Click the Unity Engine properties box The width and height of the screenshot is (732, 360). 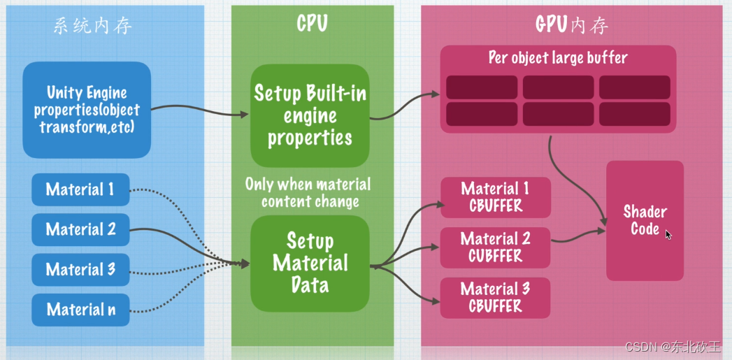[x=87, y=110]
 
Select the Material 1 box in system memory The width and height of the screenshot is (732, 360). [x=80, y=189]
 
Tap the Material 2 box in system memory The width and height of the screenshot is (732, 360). [x=80, y=229]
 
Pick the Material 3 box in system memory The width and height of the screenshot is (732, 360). [x=80, y=269]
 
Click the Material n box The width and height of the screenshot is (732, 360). [x=80, y=309]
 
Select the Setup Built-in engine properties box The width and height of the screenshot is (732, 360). [x=310, y=115]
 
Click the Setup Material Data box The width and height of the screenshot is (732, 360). [x=310, y=263]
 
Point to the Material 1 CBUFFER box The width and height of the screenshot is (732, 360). [x=495, y=197]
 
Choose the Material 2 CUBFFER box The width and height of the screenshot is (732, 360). [x=495, y=247]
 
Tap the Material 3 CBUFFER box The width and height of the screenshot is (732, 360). [x=495, y=298]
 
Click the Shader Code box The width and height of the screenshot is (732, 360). [x=645, y=220]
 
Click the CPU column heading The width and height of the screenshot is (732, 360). [x=312, y=24]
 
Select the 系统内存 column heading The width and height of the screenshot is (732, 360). [x=93, y=26]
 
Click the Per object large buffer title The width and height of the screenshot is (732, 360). [x=557, y=58]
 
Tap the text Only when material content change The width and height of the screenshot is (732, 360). [x=308, y=193]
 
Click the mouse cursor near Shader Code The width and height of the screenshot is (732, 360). [x=668, y=235]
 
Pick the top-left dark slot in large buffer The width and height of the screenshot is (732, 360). [x=482, y=87]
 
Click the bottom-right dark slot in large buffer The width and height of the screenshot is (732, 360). [x=634, y=114]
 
